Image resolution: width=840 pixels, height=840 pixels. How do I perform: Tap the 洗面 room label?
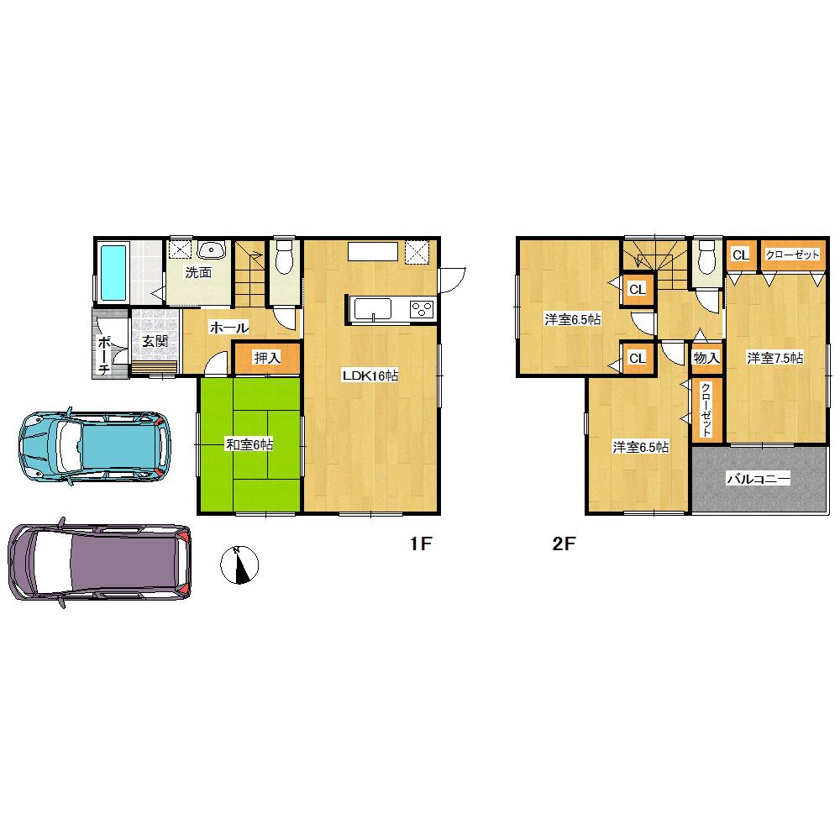click(197, 272)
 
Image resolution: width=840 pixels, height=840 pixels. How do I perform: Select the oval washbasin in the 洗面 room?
click(213, 249)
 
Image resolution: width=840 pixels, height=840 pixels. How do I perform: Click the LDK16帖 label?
click(369, 376)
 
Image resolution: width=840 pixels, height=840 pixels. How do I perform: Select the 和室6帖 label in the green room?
click(249, 444)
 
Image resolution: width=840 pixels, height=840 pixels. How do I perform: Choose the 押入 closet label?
click(266, 358)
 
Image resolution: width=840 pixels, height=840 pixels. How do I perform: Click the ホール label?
click(228, 328)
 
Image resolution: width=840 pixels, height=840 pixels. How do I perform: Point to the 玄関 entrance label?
click(154, 341)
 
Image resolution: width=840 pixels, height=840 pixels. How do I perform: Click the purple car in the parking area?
click(99, 561)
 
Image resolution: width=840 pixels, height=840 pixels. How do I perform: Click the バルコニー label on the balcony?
click(759, 479)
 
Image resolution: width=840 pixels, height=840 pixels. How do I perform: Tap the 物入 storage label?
click(706, 358)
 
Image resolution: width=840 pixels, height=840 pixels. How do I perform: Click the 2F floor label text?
click(563, 544)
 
